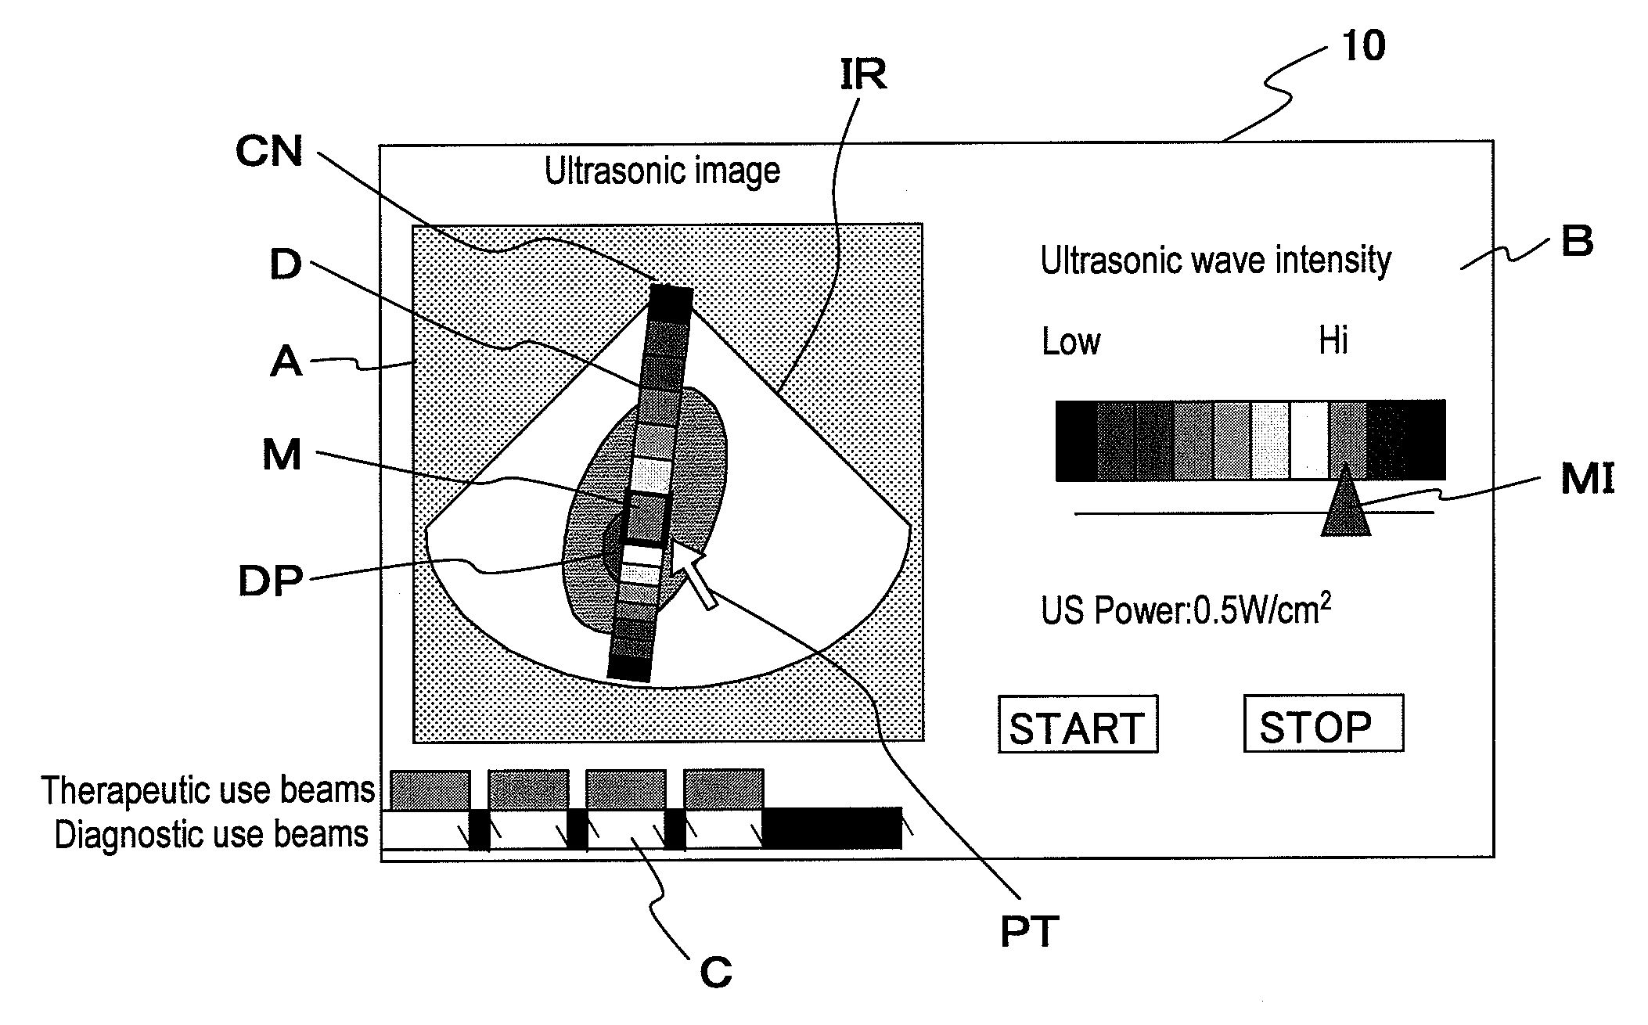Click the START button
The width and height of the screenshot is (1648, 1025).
pos(1077,725)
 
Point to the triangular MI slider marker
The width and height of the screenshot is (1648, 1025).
pos(1345,505)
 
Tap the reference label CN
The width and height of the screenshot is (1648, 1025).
pos(268,150)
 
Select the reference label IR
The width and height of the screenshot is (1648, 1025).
pos(863,74)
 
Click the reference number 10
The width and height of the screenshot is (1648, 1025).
pos(1363,46)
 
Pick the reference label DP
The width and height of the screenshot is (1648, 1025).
pos(270,581)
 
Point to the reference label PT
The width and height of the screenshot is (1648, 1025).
pos(1029,932)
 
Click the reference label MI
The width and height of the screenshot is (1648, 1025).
pos(1587,479)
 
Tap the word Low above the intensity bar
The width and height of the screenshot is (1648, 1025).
pos(1070,342)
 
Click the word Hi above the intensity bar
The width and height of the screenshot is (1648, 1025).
pos(1333,341)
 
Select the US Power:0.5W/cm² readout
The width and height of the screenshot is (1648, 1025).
pos(1186,611)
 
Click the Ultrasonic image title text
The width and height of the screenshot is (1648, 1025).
pos(662,171)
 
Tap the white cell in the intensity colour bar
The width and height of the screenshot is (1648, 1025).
pos(1308,440)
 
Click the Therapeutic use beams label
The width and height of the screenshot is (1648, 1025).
pos(208,790)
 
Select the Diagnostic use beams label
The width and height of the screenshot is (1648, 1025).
pos(211,835)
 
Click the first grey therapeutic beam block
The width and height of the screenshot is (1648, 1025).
pos(430,789)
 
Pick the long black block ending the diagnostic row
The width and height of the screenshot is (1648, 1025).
pos(832,828)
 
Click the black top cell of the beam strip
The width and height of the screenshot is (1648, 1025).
pos(671,302)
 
